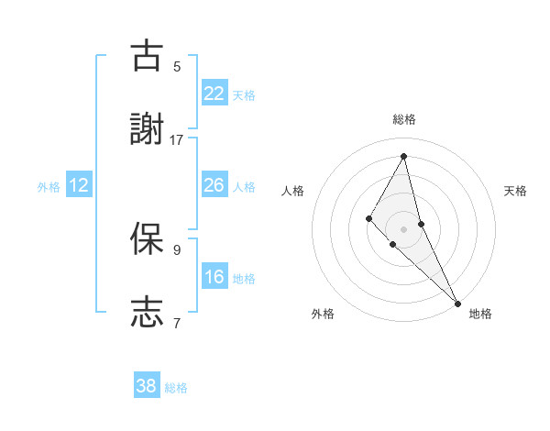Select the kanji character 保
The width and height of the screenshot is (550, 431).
(x=147, y=238)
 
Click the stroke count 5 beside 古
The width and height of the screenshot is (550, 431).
(x=177, y=66)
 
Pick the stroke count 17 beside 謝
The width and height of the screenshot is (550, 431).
(x=177, y=140)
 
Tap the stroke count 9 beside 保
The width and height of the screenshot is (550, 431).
(x=177, y=249)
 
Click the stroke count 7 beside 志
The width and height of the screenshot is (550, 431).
(x=177, y=323)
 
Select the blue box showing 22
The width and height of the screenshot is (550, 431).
(x=214, y=94)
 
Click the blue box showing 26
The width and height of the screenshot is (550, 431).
(x=214, y=185)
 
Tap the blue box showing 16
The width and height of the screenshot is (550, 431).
(x=214, y=277)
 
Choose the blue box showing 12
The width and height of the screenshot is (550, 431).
(x=79, y=185)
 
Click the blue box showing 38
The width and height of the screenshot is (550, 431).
(x=147, y=386)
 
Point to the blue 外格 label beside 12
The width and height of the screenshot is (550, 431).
(x=49, y=187)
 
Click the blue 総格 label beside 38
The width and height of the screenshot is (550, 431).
(x=176, y=388)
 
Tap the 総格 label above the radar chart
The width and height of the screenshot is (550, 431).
(x=403, y=119)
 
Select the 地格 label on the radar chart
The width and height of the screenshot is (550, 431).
(x=480, y=314)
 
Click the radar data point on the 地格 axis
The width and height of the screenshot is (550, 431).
(x=457, y=303)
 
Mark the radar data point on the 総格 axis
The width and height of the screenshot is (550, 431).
(x=403, y=156)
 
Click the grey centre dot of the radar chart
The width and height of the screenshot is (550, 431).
(x=403, y=228)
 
